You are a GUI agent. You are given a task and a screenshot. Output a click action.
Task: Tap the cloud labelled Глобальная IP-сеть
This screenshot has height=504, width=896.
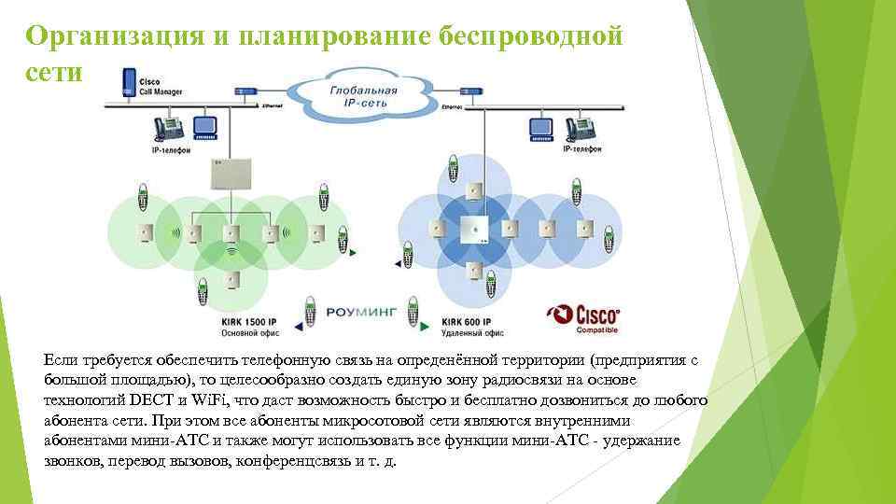point(363,95)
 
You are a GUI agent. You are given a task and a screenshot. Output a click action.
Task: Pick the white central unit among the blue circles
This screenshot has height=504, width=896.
point(474,228)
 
